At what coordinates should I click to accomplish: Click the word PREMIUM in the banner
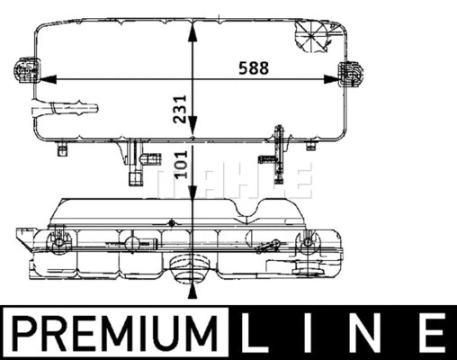116,333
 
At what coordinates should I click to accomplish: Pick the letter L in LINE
261,333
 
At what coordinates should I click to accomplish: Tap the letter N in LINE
372,333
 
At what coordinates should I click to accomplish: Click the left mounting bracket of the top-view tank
23,72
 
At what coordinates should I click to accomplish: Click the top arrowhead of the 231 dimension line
191,26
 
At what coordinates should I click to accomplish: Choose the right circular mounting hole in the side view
309,243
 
